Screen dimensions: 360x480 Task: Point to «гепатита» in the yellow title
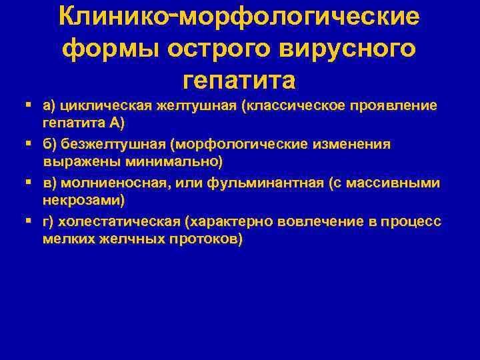(x=239, y=81)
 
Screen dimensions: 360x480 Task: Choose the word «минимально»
(x=184, y=161)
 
